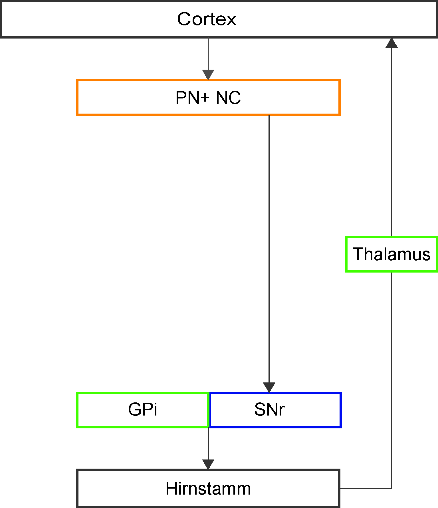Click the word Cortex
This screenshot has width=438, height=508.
pos(207,19)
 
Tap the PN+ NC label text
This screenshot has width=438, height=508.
pos(208,98)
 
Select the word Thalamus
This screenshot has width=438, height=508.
pos(391,254)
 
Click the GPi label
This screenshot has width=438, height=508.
pos(143,410)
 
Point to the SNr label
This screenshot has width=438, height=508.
pos(269,410)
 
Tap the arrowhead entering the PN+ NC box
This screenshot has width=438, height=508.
pos(208,75)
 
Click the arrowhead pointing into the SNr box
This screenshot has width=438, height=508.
pos(269,388)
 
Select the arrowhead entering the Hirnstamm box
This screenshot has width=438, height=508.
pos(208,464)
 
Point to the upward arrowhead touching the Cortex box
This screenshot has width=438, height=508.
pos(391,43)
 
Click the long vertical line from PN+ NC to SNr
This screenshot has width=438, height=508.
pos(269,249)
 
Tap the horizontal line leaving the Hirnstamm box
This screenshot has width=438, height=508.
pos(366,488)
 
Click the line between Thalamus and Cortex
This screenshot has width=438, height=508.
pos(391,142)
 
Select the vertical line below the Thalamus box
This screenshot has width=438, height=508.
pos(391,380)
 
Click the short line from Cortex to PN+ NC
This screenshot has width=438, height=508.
pos(208,54)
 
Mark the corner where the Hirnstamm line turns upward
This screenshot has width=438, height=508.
pos(391,488)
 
